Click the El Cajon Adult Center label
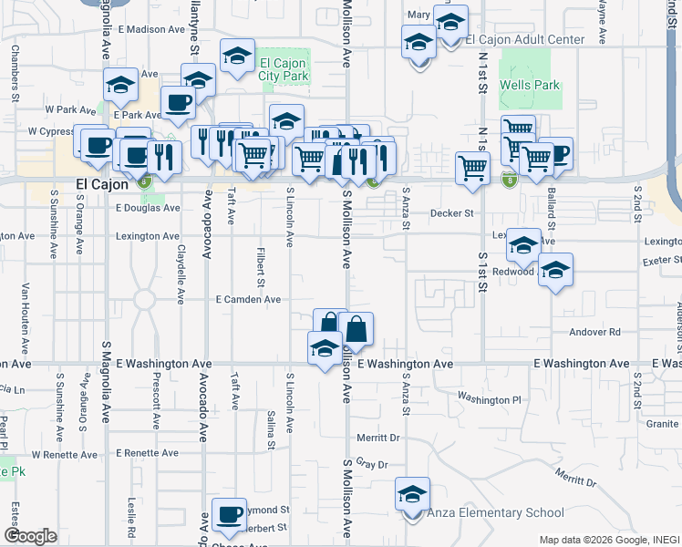coord(524,40)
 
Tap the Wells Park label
coord(529,86)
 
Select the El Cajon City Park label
coord(284,70)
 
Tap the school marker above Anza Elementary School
coord(412,494)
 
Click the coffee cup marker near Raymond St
coord(229,513)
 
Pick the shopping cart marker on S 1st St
coord(472,168)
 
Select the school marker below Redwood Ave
coord(555,270)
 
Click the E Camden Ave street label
coord(248,299)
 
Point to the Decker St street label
coord(453,213)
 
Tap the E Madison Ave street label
coord(143,29)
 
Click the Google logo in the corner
coord(30,536)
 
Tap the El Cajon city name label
coord(97,186)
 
